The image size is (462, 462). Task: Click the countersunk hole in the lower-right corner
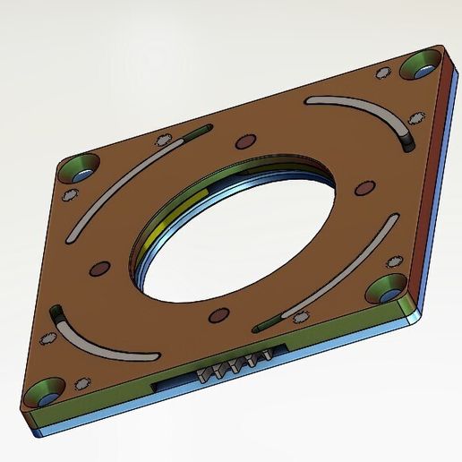point(388,288)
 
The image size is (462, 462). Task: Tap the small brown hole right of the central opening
point(364,187)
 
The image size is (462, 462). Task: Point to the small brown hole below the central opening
point(216,315)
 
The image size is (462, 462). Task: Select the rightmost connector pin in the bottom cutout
point(263,359)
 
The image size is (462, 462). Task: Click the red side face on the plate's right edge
point(432,188)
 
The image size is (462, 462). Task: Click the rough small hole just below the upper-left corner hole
point(70,195)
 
